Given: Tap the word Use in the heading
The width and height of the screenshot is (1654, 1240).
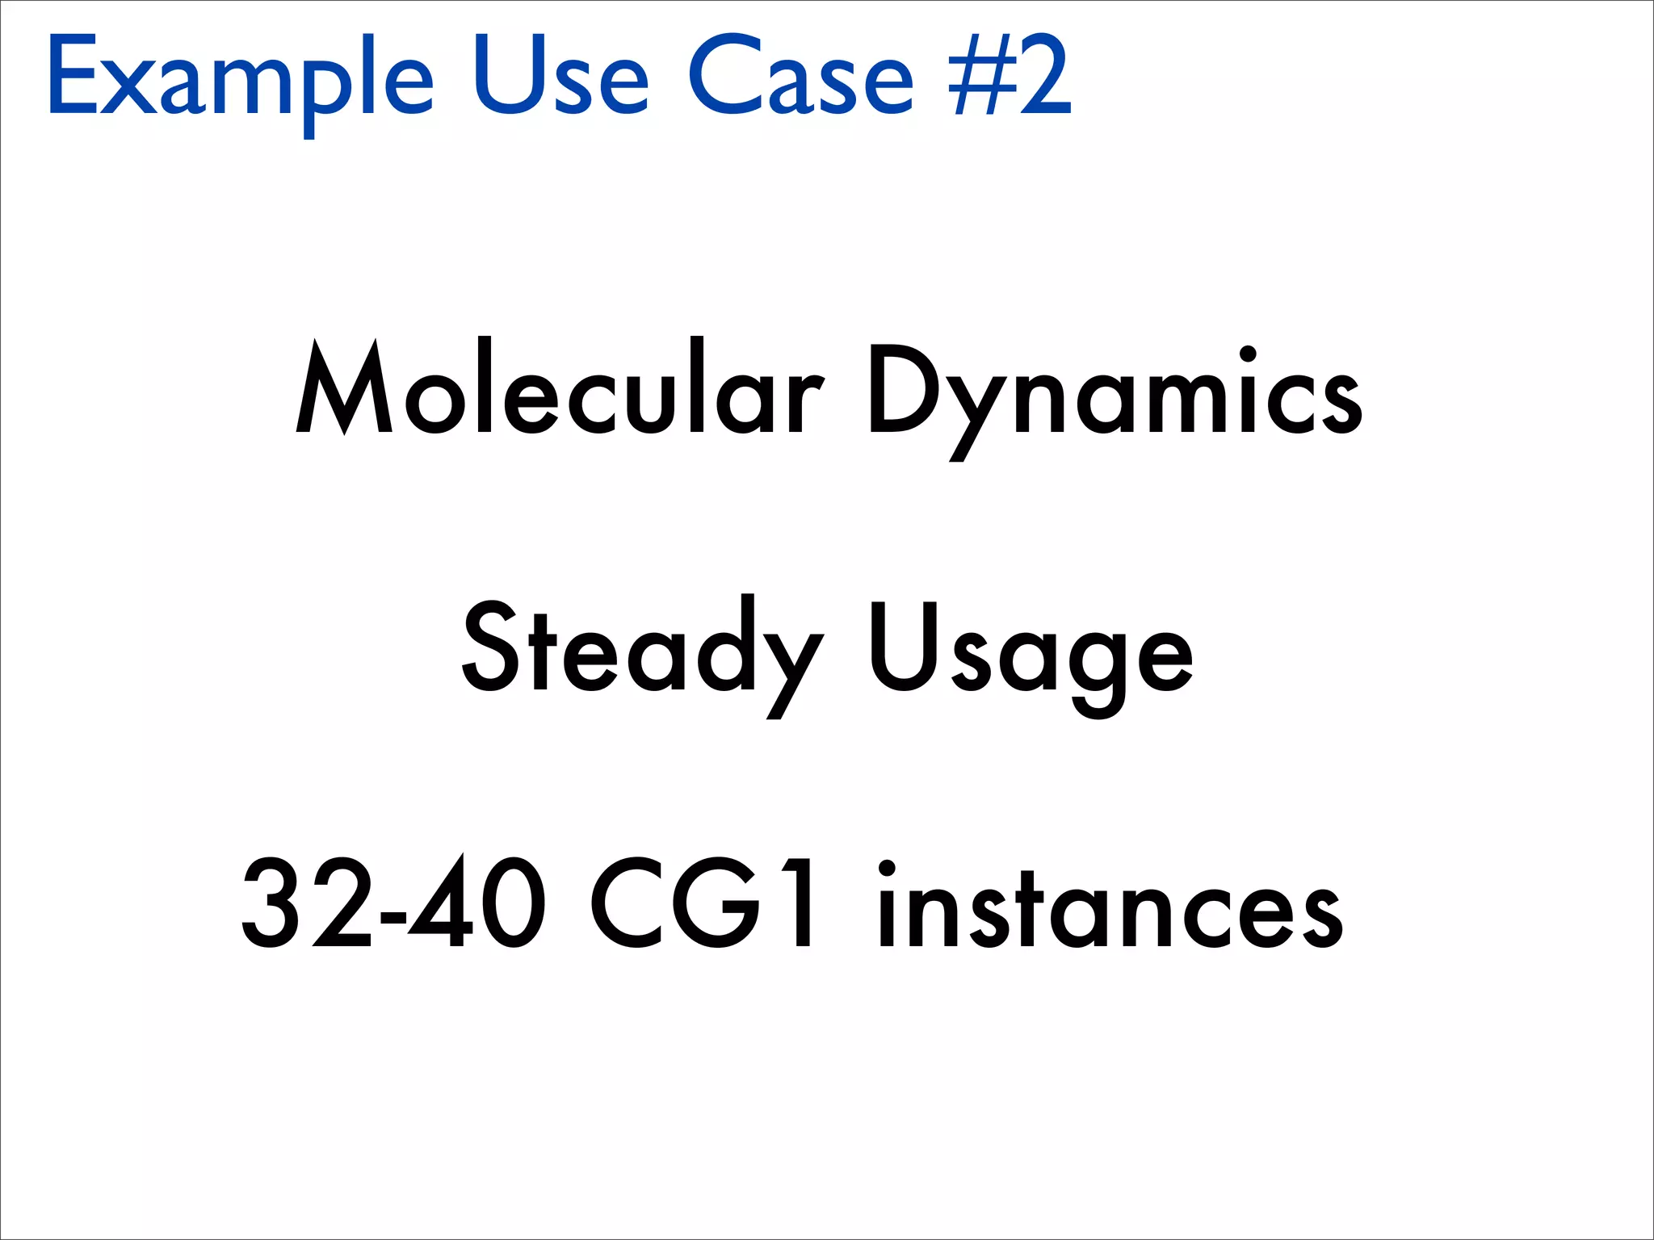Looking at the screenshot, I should click(x=560, y=77).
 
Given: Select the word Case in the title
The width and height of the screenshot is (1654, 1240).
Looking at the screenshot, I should click(x=800, y=77).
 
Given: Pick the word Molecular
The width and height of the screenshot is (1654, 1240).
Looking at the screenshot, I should click(x=560, y=387).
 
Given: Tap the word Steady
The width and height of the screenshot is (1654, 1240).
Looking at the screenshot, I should click(x=643, y=650).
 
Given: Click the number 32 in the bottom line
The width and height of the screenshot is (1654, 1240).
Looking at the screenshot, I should click(x=308, y=903).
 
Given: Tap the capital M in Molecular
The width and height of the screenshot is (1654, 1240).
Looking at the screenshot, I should click(x=344, y=387).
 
